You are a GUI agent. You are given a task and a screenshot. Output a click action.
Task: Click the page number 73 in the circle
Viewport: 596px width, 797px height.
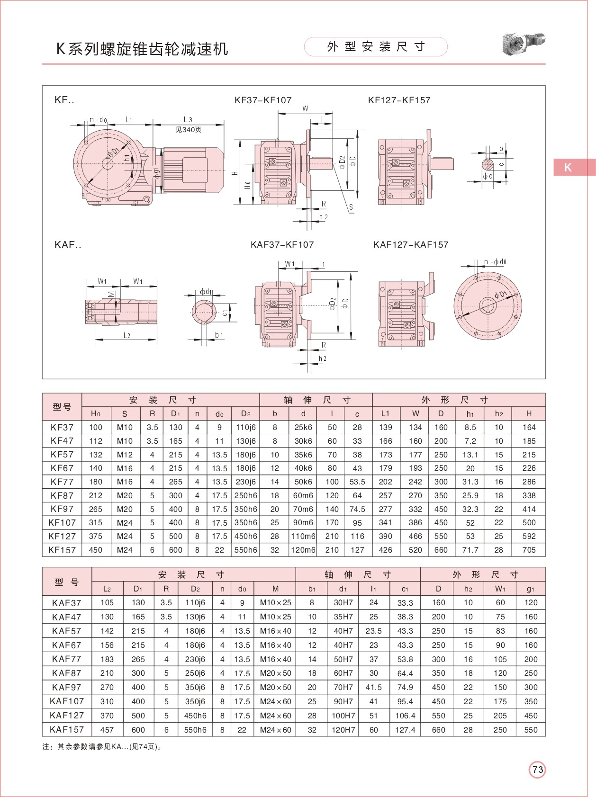tap(537, 770)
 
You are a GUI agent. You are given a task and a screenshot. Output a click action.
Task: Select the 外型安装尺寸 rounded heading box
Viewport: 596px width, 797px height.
tap(376, 47)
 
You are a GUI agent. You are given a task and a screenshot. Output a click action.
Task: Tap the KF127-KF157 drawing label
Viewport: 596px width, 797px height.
tap(399, 100)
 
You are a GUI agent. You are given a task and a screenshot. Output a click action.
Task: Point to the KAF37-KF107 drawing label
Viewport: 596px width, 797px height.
tap(282, 245)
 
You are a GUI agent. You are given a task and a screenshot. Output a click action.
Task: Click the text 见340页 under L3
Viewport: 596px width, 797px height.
tap(189, 130)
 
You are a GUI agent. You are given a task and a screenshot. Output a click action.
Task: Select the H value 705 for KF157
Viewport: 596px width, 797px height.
tap(529, 550)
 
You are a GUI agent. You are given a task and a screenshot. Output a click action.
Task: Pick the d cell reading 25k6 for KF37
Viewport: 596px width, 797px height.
tap(303, 428)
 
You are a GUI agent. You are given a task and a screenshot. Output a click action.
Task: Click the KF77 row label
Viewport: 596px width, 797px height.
tap(62, 482)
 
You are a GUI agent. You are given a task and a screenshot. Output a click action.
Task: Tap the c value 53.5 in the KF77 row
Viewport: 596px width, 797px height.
tap(357, 482)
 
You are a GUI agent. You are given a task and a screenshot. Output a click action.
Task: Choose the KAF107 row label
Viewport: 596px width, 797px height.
tap(66, 701)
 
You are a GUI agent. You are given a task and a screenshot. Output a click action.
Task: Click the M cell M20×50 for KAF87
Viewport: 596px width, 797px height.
tap(275, 673)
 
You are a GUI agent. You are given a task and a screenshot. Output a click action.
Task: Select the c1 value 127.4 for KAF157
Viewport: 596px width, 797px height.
tap(405, 730)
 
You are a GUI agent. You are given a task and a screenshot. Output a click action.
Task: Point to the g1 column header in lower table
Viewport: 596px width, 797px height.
tap(531, 589)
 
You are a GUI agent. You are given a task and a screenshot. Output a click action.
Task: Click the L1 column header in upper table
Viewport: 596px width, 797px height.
tap(385, 414)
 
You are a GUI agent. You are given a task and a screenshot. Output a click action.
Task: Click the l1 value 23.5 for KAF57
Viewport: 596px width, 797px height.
tap(373, 631)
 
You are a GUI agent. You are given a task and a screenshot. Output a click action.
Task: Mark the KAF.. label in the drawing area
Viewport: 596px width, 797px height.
tap(68, 245)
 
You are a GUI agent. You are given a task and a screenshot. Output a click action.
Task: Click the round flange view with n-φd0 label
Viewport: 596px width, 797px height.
tap(488, 305)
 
